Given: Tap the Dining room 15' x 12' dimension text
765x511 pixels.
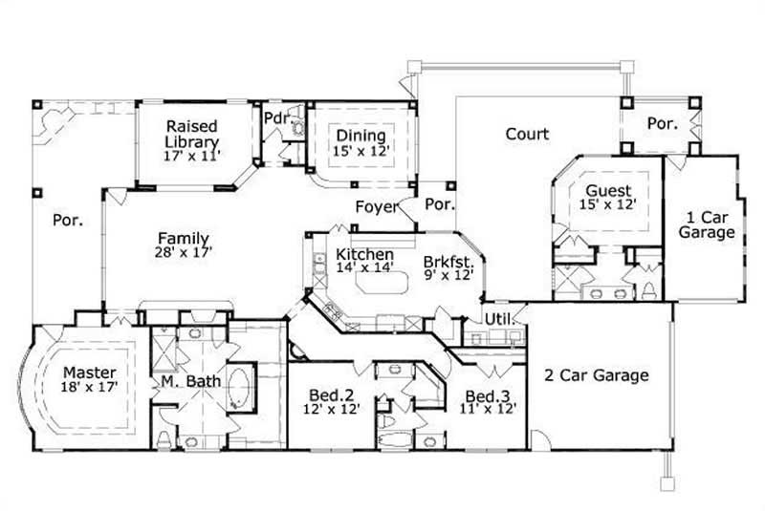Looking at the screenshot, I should (361, 151).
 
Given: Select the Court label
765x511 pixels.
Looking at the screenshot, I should (527, 134).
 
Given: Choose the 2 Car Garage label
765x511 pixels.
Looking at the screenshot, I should (597, 375).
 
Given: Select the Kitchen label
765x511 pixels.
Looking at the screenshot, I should (363, 255).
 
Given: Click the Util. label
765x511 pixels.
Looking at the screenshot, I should (496, 318).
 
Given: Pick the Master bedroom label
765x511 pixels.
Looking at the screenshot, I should (90, 372).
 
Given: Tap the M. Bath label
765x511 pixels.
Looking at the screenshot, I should (190, 381).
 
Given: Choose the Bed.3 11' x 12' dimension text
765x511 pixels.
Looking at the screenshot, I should (490, 408).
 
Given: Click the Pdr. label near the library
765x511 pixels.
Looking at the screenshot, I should (276, 118).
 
